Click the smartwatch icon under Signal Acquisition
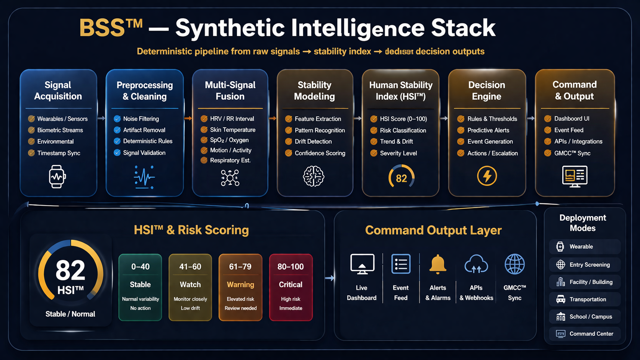pos(57,176)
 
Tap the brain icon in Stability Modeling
pos(313,176)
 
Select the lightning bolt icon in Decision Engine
pos(487,176)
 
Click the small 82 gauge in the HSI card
pos(401,177)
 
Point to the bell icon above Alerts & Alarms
pos(438,264)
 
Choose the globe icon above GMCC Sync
pos(514,264)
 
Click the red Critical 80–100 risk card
pos(291,287)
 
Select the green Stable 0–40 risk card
pos(140,287)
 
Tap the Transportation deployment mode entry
pos(584,299)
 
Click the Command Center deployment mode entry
pos(584,334)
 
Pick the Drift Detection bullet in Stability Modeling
pos(313,142)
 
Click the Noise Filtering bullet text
pos(141,119)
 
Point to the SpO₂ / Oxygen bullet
pos(229,140)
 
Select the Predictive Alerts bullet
pos(488,130)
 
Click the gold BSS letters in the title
pos(102,28)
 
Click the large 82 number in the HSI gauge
pos(70,270)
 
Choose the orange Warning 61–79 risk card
pos(240,287)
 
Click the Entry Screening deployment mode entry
pos(584,265)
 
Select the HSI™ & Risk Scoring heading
pos(191,230)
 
